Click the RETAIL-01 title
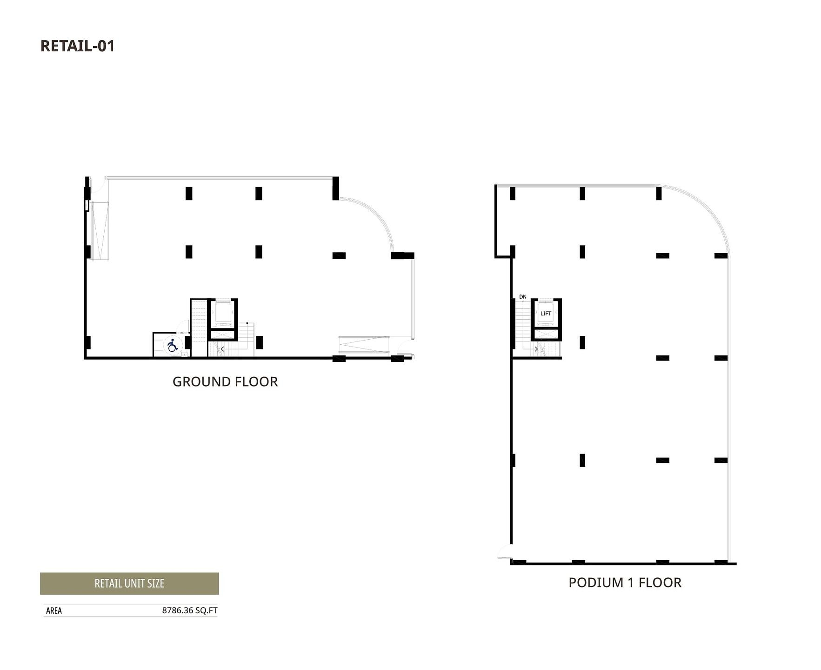[x=77, y=46]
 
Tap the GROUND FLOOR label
[x=225, y=382]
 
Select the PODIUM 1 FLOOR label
[x=625, y=583]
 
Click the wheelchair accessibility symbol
[x=173, y=345]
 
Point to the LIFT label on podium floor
[x=546, y=314]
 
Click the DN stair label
[x=523, y=297]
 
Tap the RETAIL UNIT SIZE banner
[x=129, y=583]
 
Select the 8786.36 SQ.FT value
[x=190, y=610]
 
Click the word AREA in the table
[x=54, y=610]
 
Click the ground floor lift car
[x=223, y=313]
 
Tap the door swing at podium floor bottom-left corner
[x=504, y=552]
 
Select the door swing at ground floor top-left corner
[x=98, y=186]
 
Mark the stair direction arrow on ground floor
[x=222, y=349]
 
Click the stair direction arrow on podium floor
[x=536, y=349]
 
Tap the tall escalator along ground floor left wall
[x=100, y=231]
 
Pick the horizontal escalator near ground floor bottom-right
[x=363, y=345]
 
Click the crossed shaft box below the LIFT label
[x=546, y=334]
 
